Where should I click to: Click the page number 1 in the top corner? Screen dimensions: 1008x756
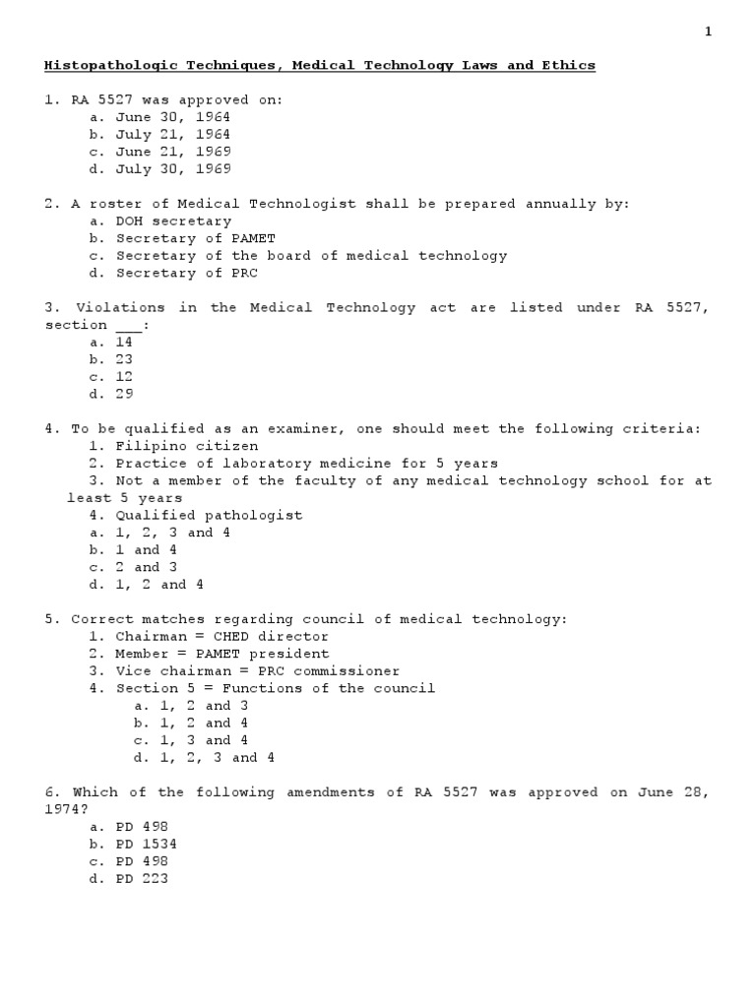tap(708, 31)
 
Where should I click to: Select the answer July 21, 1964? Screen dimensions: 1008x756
tap(172, 135)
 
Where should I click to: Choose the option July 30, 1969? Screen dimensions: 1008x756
tap(172, 169)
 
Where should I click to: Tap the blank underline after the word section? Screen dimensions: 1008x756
tap(129, 326)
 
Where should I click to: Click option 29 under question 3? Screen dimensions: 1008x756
tap(124, 395)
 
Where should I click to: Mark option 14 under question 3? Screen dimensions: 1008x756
tap(124, 343)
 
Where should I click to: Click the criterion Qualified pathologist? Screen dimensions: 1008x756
tap(209, 515)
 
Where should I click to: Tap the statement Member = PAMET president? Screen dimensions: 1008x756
tap(222, 654)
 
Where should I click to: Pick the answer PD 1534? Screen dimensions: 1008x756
tap(147, 845)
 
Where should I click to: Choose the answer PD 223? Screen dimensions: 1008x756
tap(143, 879)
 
